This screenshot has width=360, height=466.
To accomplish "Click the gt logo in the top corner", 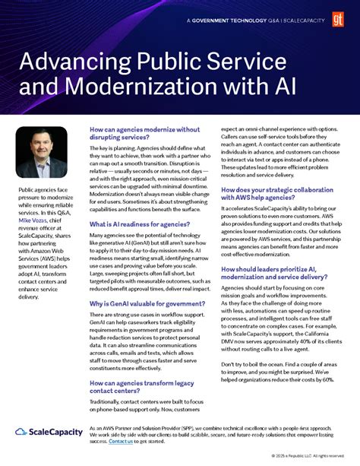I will (x=339, y=14).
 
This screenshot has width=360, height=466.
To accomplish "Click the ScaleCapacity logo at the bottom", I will (x=49, y=432).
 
